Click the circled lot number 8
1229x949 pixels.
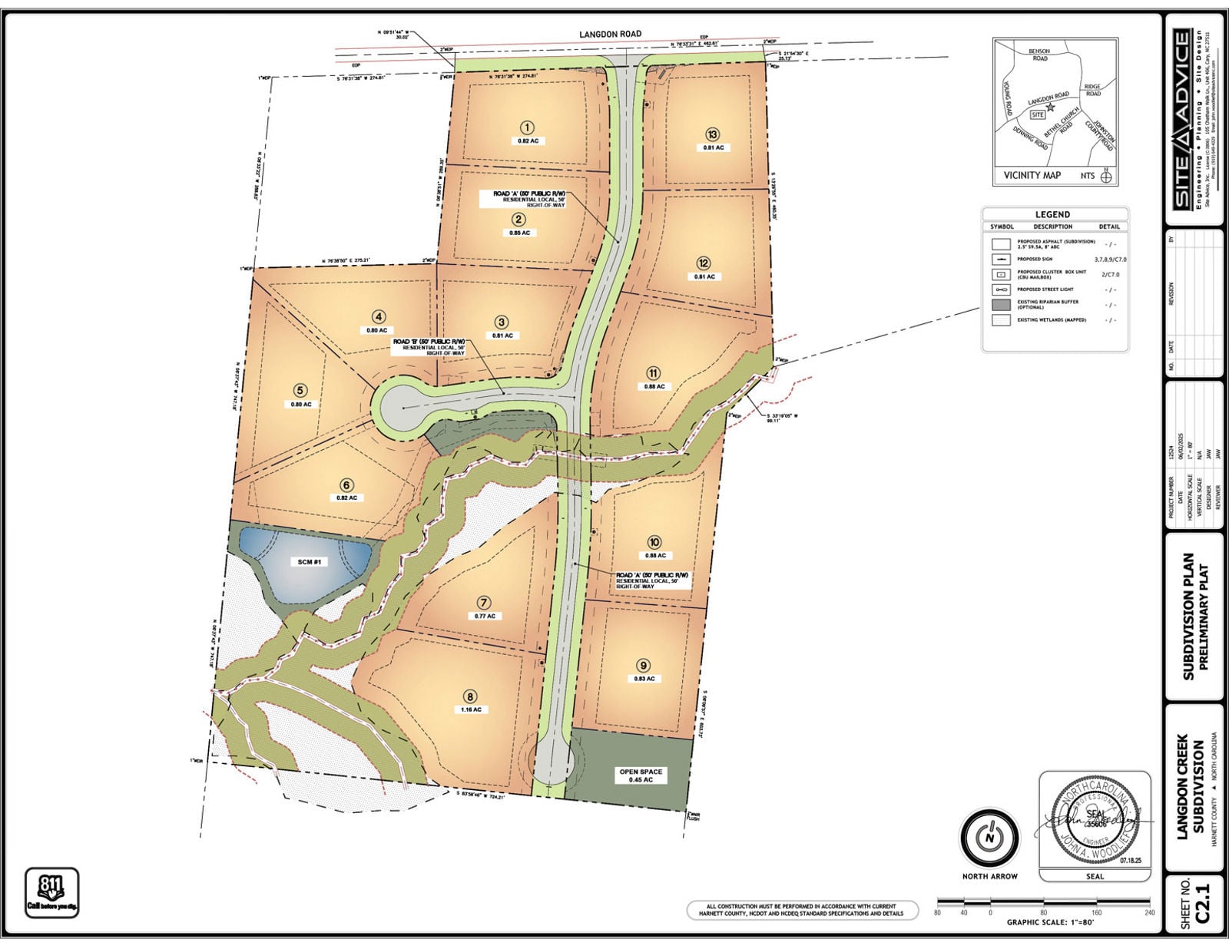469,696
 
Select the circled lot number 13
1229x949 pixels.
712,134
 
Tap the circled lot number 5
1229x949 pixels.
300,391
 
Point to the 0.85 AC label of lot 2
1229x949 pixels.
519,233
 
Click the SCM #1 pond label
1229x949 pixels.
310,562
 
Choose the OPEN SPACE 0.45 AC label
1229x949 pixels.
641,775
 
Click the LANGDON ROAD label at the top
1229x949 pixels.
610,35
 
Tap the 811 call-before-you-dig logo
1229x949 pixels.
52,891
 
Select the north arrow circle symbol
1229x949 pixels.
989,838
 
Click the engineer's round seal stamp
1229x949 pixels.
1095,820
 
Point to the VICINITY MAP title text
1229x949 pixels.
1032,175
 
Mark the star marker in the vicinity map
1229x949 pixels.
1050,107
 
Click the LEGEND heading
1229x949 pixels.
1052,214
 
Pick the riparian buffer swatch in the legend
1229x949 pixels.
1000,305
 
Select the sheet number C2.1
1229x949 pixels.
1202,903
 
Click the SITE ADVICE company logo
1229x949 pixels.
1182,118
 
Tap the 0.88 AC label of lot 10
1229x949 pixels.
655,555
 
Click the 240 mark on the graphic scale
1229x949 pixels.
1149,913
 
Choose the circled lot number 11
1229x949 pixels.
653,373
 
